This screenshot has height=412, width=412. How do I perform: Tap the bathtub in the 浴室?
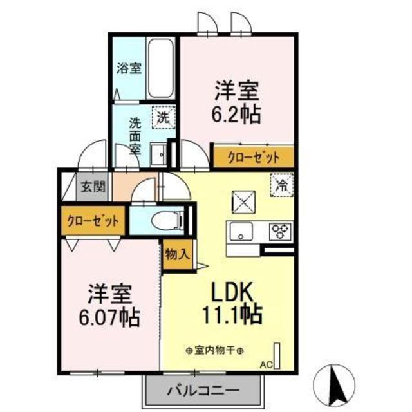(x=159, y=68)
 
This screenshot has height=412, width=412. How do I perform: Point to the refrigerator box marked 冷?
(x=281, y=185)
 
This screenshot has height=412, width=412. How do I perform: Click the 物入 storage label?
(x=177, y=254)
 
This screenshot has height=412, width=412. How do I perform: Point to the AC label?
(x=265, y=365)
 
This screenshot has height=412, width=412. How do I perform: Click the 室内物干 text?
(x=214, y=351)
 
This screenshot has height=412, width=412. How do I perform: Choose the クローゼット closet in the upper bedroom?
(x=253, y=156)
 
